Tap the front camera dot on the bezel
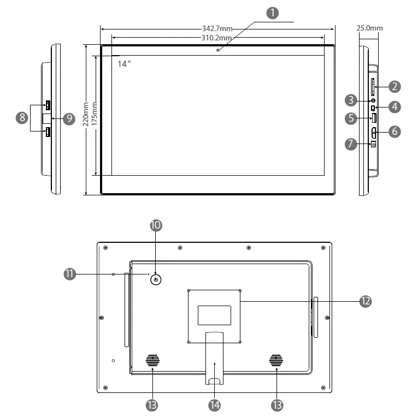(217, 50)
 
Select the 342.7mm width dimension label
(217, 28)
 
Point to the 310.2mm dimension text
(217, 38)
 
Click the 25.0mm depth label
(369, 28)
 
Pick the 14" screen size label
(125, 64)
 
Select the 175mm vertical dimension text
(95, 114)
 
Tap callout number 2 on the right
(396, 86)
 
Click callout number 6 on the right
(396, 131)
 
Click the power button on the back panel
(156, 280)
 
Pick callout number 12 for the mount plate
(365, 300)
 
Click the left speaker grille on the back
(152, 361)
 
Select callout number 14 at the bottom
(214, 404)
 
